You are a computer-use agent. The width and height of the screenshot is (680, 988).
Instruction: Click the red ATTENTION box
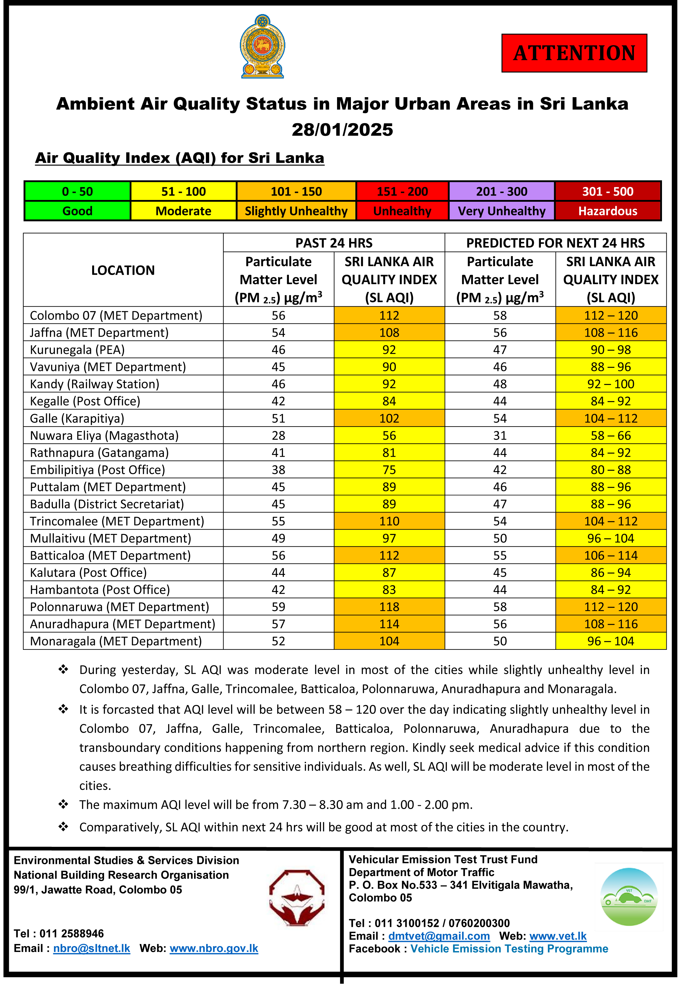574,53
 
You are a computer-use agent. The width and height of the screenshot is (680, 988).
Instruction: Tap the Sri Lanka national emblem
262,46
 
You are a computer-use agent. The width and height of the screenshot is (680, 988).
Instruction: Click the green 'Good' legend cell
78,211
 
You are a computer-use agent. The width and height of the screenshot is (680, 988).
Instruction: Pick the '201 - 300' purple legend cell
502,192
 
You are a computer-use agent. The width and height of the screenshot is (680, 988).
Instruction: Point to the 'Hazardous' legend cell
608,211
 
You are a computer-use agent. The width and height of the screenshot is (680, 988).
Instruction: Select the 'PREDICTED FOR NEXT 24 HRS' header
555,243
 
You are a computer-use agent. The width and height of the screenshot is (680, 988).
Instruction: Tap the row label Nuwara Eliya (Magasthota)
104,435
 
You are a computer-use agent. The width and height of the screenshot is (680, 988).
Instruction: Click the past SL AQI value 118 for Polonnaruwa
389,607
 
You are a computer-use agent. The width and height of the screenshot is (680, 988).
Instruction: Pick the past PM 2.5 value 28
278,435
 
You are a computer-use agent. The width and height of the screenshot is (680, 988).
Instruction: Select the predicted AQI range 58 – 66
611,435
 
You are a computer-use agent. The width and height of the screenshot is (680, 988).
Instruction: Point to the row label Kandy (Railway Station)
95,384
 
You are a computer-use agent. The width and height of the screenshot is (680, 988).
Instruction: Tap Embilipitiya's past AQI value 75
389,470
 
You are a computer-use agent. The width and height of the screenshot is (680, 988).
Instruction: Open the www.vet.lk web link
558,936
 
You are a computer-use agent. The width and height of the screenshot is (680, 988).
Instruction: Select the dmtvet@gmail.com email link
439,936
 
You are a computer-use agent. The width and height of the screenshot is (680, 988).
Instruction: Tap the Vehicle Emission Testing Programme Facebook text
509,949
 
